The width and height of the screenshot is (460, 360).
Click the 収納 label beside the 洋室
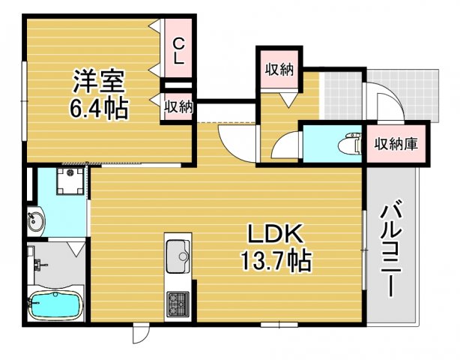tap(179, 106)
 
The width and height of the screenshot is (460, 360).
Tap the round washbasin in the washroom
tap(34, 221)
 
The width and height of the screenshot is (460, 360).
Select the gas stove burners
tap(178, 303)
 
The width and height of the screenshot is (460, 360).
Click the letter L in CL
tap(179, 58)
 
